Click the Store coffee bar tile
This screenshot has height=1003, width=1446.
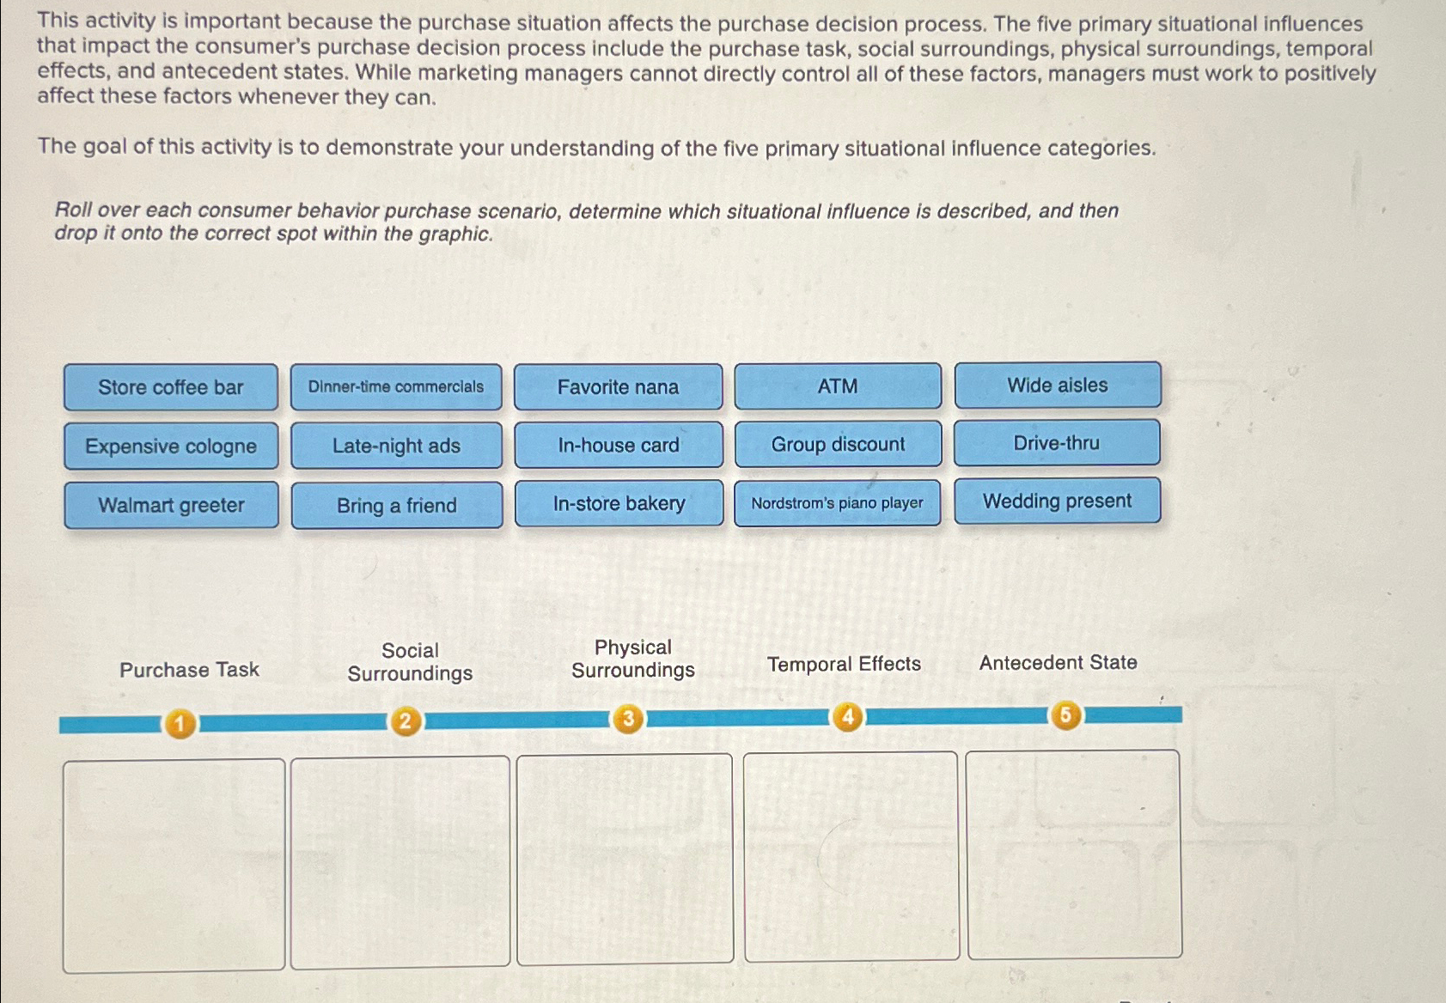[171, 387]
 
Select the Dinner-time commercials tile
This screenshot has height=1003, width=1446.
[396, 387]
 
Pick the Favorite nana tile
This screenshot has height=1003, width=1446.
[619, 387]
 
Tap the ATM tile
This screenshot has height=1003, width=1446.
[838, 386]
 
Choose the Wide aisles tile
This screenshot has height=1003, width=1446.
[1058, 385]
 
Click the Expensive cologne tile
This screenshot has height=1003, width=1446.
[171, 446]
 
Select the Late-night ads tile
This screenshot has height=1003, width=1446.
[396, 445]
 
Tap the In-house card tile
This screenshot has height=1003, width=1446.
[619, 445]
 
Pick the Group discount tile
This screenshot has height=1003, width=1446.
[838, 444]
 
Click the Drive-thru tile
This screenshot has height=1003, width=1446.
[1057, 442]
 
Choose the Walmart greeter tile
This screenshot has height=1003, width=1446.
[172, 505]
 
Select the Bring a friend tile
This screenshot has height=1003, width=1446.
[397, 505]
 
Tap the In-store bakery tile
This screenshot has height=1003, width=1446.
[619, 503]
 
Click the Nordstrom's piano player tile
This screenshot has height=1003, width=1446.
[837, 502]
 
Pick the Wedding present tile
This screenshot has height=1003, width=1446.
[1058, 501]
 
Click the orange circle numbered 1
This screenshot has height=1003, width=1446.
[180, 724]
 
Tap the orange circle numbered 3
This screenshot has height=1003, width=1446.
[628, 719]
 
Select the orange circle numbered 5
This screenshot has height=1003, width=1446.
[1065, 714]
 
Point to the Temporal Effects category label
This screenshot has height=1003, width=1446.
[844, 664]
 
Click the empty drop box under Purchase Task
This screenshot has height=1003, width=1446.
[174, 865]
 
